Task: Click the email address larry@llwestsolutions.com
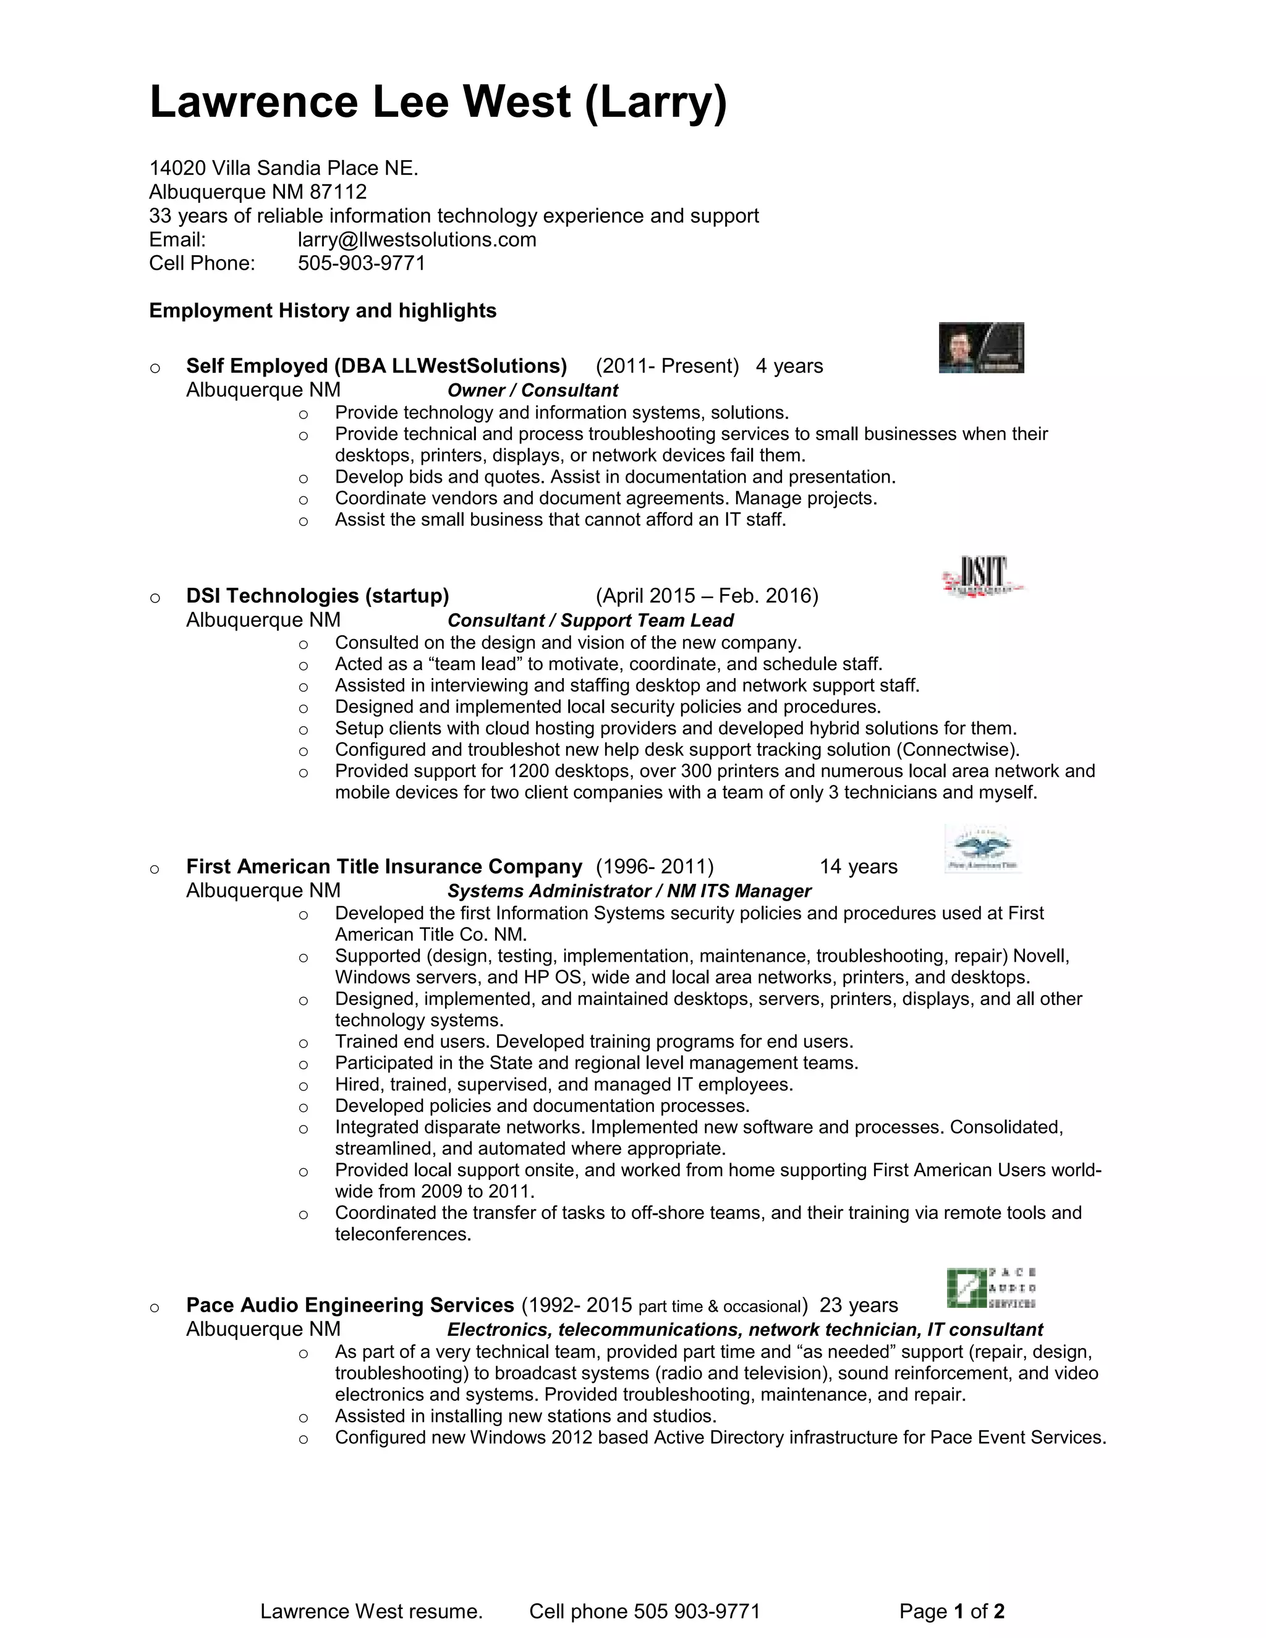[x=417, y=240]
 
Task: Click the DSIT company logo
[x=982, y=576]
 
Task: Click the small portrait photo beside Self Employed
[x=981, y=347]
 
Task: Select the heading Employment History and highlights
[x=323, y=310]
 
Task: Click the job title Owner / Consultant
[x=532, y=391]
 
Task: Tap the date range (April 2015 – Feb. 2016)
[x=707, y=596]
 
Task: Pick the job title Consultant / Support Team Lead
[x=590, y=621]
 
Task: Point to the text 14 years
[x=858, y=867]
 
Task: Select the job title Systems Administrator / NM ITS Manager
[x=629, y=892]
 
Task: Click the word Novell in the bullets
[x=1040, y=956]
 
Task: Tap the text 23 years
[x=858, y=1305]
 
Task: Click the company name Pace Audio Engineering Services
[x=349, y=1305]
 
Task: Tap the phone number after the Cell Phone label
[x=362, y=263]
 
